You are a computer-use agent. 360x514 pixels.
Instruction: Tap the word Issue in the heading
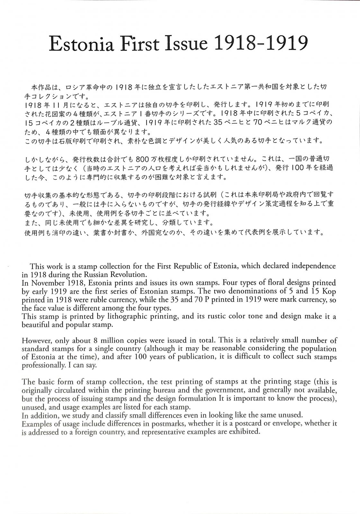pos(186,43)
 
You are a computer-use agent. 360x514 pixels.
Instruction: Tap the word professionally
pos(43,366)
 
